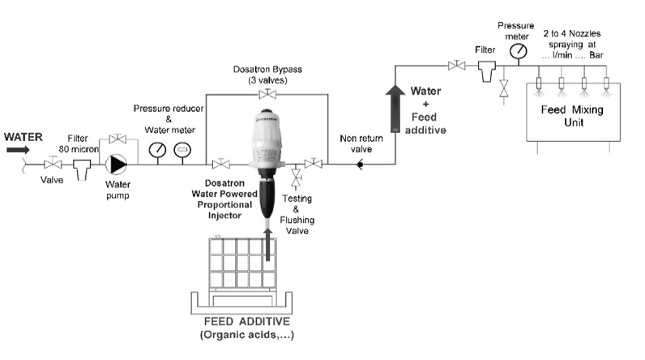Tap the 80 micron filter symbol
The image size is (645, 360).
pyautogui.click(x=82, y=169)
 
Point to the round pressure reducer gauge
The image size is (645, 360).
pyautogui.click(x=157, y=149)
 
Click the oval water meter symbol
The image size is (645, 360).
pyautogui.click(x=183, y=149)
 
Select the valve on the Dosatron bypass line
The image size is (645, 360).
pyautogui.click(x=264, y=95)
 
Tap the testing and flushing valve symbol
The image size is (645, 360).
pyautogui.click(x=297, y=178)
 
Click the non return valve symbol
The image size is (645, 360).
pyautogui.click(x=359, y=165)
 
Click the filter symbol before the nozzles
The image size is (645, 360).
pyautogui.click(x=486, y=71)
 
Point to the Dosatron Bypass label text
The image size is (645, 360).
pyautogui.click(x=264, y=70)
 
